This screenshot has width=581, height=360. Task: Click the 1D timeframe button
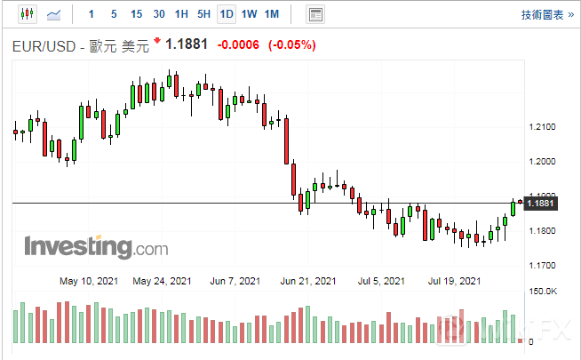coord(227,14)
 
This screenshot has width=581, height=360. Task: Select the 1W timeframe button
coord(250,14)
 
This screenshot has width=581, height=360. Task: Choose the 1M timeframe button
coord(272,14)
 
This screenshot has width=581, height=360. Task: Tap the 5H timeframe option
coord(203,14)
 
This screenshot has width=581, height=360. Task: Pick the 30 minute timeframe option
coord(158,14)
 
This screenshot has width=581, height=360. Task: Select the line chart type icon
coord(54,14)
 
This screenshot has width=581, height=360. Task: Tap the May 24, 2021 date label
coord(162,281)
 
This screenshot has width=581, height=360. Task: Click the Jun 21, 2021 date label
coord(308,281)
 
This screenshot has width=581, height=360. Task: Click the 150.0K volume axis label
coord(542,291)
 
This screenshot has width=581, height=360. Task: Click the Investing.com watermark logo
coord(84,246)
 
